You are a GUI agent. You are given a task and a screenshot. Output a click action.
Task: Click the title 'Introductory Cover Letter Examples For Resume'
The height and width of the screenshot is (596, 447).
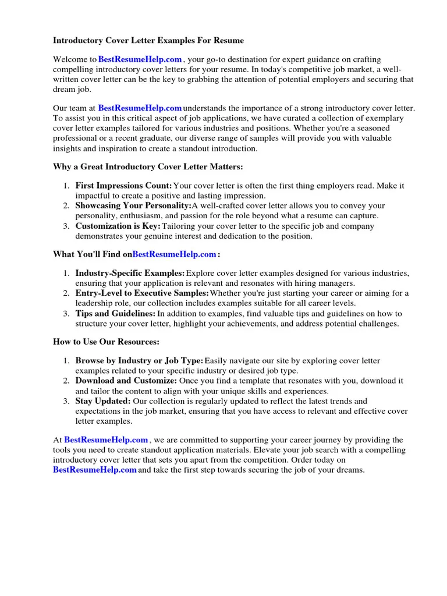pyautogui.click(x=148, y=40)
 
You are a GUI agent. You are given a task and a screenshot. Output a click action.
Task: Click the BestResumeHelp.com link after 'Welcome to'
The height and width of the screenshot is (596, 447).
pyautogui.click(x=140, y=59)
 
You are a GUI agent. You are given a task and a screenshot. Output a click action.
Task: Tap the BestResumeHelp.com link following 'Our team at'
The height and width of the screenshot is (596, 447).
pyautogui.click(x=140, y=108)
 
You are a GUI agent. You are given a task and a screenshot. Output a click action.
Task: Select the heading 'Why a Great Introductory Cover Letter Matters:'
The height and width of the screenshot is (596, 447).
pyautogui.click(x=148, y=167)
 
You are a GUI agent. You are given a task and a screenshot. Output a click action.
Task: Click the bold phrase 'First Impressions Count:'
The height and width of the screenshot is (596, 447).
pyautogui.click(x=123, y=186)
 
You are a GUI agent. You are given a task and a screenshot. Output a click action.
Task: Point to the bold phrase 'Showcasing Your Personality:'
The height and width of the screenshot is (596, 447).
pyautogui.click(x=133, y=206)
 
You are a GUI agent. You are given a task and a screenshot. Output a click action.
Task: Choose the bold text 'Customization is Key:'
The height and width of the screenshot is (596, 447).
pyautogui.click(x=118, y=226)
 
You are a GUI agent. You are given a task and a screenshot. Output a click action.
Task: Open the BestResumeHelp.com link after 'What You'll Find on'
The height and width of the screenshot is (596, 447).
pyautogui.click(x=174, y=254)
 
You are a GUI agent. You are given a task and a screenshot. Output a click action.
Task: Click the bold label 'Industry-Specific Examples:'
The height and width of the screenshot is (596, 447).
pyautogui.click(x=130, y=273)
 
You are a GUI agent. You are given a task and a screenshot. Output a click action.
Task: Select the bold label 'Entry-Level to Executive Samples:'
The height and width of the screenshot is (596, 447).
pyautogui.click(x=142, y=293)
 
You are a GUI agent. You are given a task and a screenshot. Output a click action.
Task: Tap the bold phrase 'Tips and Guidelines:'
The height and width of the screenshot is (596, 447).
pyautogui.click(x=115, y=313)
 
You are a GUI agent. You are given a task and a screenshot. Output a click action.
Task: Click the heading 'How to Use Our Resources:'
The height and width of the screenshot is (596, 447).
pyautogui.click(x=106, y=342)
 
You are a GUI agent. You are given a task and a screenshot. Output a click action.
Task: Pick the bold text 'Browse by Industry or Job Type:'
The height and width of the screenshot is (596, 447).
pyautogui.click(x=139, y=361)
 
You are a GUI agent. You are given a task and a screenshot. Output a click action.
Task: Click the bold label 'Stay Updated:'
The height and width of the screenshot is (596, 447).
pyautogui.click(x=103, y=401)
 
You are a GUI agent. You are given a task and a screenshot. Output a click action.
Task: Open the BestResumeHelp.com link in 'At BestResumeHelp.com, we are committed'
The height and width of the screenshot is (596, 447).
pyautogui.click(x=106, y=440)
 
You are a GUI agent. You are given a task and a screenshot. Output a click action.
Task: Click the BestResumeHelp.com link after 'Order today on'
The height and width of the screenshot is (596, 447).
pyautogui.click(x=95, y=470)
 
